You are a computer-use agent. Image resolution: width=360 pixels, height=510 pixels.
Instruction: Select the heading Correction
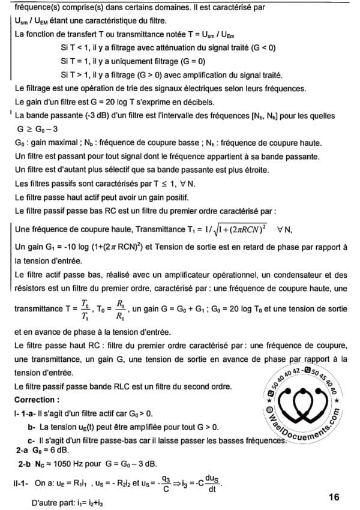coord(37,398)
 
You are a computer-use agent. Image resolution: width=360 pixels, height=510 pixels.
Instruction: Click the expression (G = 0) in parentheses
coord(193,61)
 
